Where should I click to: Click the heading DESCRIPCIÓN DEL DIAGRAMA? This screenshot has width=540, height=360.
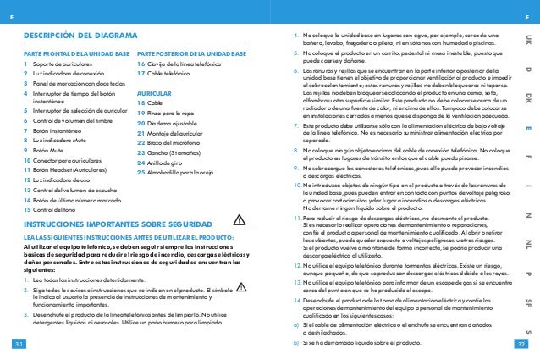click(80, 36)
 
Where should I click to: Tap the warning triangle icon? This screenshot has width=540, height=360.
click(239, 222)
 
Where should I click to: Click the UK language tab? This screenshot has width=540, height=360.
click(528, 39)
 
